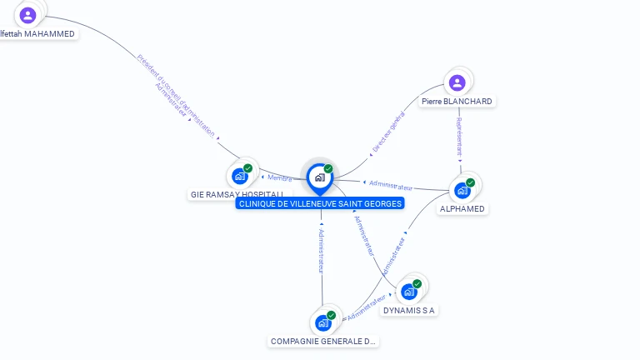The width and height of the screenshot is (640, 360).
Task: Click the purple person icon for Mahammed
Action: point(27,15)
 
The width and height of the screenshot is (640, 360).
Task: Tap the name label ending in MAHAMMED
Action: point(38,34)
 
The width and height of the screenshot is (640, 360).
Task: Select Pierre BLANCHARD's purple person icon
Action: point(457,82)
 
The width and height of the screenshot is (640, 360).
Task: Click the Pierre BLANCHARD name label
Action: point(457,102)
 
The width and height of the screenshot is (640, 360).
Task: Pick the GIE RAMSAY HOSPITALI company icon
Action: point(241,176)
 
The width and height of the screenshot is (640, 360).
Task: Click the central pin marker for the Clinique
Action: point(319,177)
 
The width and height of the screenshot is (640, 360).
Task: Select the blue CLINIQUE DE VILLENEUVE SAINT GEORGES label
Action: point(320,203)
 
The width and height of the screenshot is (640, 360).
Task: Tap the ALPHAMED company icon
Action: point(462,190)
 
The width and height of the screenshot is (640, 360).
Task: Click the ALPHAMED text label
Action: point(462,209)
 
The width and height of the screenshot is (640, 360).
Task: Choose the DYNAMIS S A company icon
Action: point(409,292)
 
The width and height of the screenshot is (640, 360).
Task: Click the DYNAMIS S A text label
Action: point(409,311)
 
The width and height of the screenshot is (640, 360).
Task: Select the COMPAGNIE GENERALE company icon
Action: point(323,322)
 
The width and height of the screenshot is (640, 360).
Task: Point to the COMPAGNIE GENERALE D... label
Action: point(323,341)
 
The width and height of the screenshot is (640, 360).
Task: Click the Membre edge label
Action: point(281,177)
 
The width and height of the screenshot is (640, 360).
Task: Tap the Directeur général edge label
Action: point(387,133)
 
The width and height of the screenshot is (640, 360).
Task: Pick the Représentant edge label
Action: point(458,136)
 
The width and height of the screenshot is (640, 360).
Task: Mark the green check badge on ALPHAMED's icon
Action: point(471,182)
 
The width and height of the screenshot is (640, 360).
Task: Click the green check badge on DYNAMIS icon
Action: point(417,284)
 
